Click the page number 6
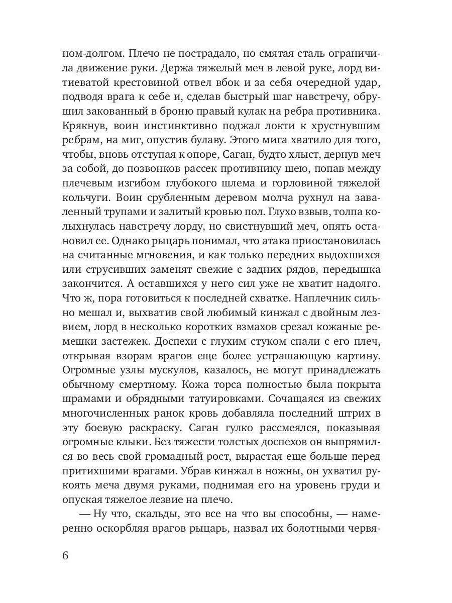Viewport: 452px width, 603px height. [x=65, y=555]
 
